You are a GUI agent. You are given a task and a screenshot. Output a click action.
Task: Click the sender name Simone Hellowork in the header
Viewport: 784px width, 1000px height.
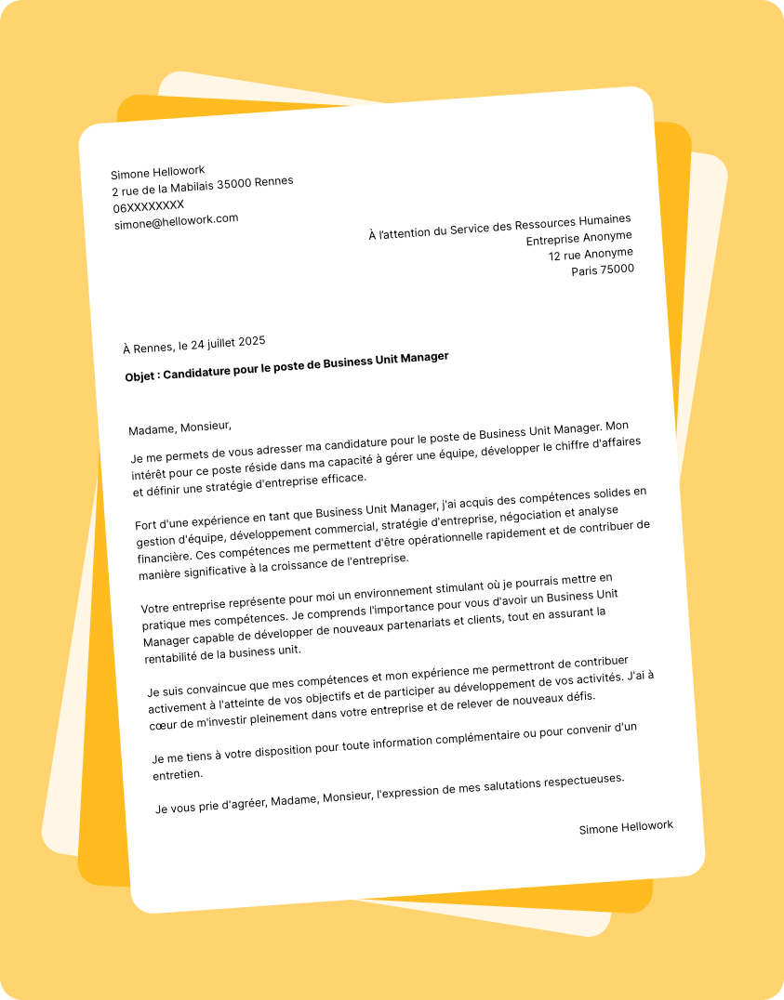click(x=157, y=172)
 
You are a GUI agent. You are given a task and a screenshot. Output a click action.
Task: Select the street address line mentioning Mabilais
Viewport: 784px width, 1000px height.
click(x=203, y=186)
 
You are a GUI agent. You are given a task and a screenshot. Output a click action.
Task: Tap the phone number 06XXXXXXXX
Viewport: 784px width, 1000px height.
click(x=149, y=206)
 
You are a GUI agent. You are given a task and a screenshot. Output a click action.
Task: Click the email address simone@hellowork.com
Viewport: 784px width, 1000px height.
click(x=176, y=221)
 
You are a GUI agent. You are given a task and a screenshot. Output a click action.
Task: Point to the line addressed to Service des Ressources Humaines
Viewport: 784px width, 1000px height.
click(x=499, y=227)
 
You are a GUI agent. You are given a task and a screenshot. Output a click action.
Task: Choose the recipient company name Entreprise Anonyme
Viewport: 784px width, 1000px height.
click(x=578, y=239)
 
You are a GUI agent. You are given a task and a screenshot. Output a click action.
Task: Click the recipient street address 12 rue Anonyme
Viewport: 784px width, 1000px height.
click(x=591, y=254)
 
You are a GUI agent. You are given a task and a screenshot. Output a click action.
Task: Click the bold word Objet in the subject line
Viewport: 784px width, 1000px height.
click(x=141, y=376)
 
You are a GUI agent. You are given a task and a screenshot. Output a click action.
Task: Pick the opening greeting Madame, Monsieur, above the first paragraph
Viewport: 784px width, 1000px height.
click(x=179, y=428)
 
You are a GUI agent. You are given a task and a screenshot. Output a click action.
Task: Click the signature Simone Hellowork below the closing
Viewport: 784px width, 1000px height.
click(x=626, y=827)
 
